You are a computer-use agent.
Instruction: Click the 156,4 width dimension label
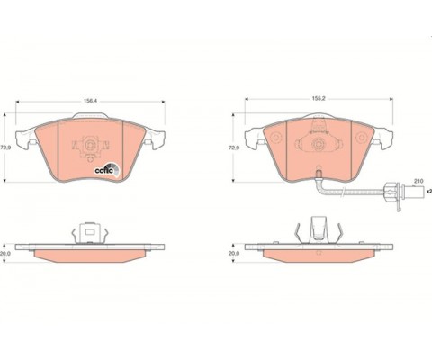tap(90, 102)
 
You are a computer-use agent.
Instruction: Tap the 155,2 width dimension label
tap(319, 98)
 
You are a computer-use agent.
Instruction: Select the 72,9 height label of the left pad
tap(4, 148)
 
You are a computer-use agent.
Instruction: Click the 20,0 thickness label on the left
tap(5, 254)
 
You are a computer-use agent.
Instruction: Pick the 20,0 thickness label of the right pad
tap(234, 254)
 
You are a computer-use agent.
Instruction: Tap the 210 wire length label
tap(418, 181)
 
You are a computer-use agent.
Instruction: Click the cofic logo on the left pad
tap(107, 170)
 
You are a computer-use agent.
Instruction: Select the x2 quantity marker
tap(429, 191)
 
